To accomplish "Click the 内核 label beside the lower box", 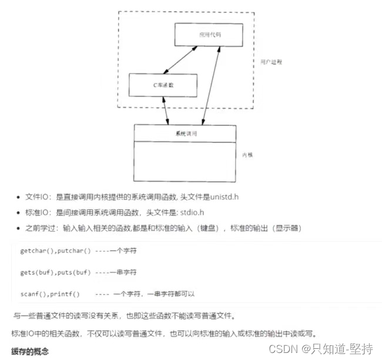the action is [248, 154].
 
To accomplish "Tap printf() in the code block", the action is [66, 293].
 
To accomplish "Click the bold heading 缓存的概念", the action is [30, 351].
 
